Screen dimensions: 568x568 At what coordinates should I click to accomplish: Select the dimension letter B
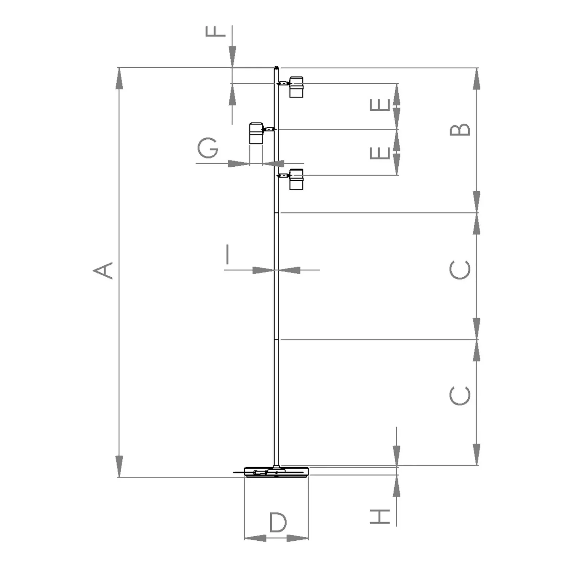click(x=460, y=130)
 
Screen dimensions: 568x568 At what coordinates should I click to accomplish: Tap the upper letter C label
click(x=460, y=270)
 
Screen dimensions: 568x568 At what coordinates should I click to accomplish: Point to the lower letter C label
click(x=460, y=396)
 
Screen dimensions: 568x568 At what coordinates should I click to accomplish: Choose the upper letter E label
click(x=380, y=105)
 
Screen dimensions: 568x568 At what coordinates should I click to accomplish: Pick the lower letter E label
click(x=380, y=153)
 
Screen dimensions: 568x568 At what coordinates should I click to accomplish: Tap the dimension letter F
click(x=216, y=31)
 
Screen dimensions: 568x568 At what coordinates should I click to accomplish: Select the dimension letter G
click(x=208, y=148)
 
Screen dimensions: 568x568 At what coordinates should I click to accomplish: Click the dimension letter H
click(x=380, y=516)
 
